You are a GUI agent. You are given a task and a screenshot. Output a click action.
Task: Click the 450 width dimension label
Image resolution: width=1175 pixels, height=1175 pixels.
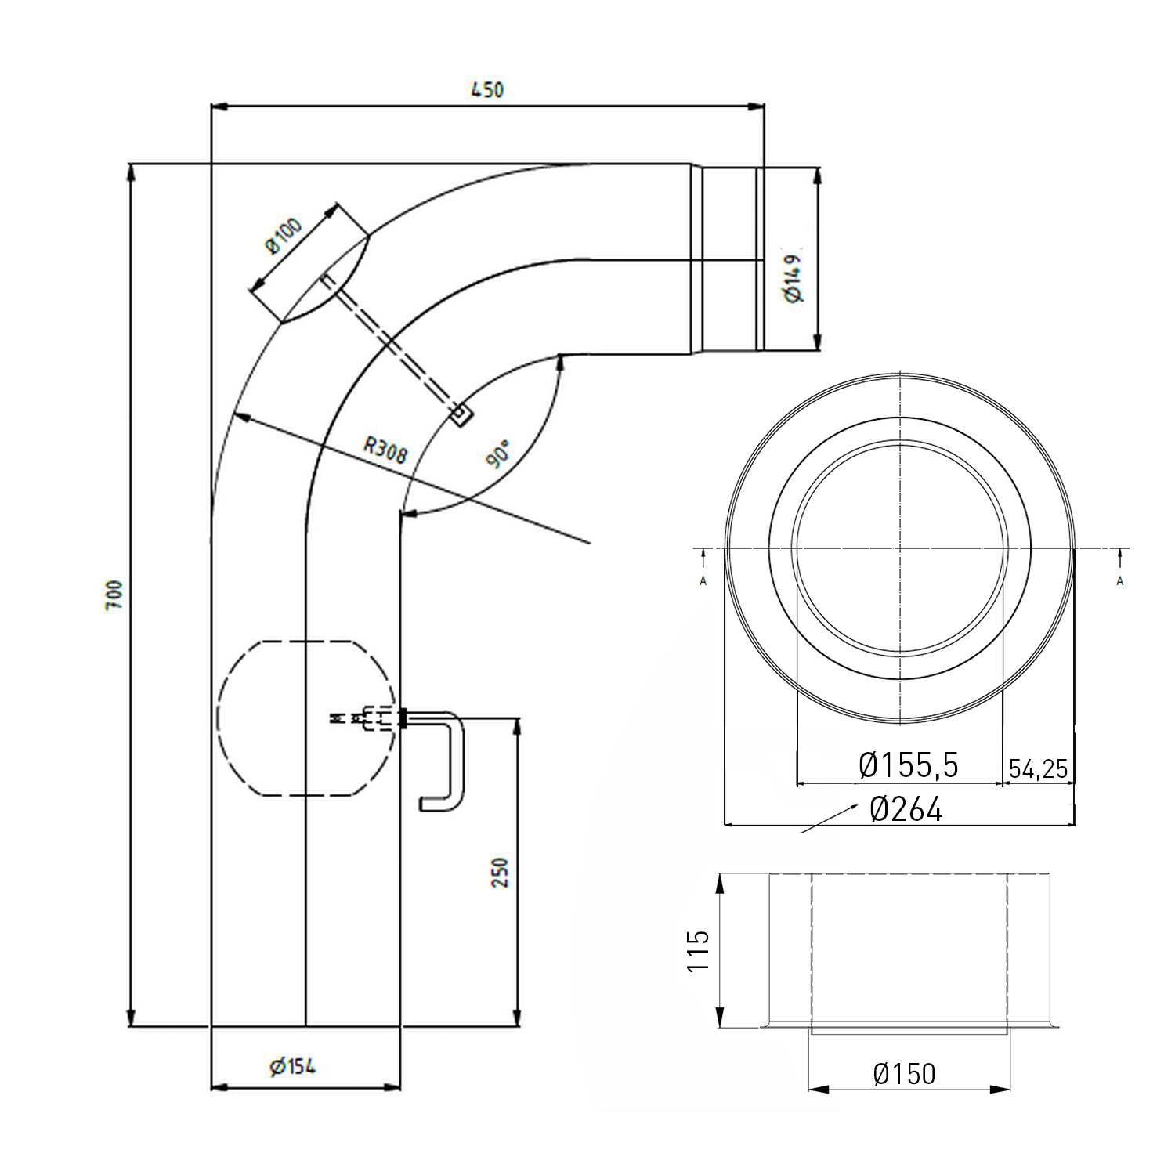coord(486,89)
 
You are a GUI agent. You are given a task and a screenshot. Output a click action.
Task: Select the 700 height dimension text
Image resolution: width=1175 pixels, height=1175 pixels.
coord(114,595)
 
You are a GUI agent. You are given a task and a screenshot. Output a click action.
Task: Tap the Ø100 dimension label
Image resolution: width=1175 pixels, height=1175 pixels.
coord(284,236)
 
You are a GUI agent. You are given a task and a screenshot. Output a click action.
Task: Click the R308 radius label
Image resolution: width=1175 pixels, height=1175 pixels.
coord(386,450)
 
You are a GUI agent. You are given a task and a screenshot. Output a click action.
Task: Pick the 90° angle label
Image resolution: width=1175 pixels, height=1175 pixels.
coord(498,454)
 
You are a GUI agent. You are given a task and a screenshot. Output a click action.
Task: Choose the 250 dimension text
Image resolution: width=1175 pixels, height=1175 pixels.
coord(501,872)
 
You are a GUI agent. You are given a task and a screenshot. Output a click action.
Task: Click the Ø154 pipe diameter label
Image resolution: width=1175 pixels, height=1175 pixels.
coord(292,1066)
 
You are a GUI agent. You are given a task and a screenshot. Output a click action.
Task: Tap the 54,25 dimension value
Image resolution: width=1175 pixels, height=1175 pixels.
coord(1038,768)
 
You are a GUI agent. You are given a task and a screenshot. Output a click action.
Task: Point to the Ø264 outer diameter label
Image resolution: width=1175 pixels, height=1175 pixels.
coord(906,809)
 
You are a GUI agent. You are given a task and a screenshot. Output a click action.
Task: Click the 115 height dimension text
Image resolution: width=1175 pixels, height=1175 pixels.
coord(698,950)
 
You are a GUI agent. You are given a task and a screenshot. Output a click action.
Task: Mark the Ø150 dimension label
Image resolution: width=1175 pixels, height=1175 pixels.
coord(904,1073)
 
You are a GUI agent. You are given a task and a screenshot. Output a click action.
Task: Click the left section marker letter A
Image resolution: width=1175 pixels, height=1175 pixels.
coord(703,580)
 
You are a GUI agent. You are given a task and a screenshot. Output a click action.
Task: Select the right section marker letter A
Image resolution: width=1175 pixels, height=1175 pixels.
coord(1120,580)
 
